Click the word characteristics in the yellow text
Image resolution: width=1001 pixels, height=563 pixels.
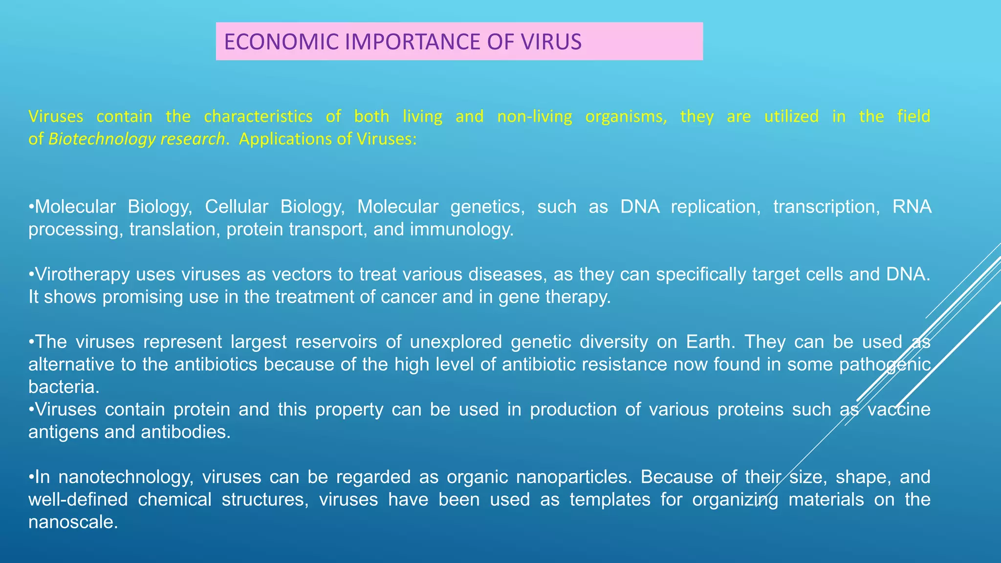[258, 116]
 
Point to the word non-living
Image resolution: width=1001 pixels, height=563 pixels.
[534, 116]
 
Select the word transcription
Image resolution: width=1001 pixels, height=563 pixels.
[827, 207]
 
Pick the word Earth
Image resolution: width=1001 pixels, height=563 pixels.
[710, 342]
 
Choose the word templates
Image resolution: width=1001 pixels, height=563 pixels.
[609, 499]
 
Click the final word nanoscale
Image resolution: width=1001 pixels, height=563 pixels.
[73, 522]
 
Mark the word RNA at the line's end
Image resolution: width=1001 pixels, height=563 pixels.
[912, 207]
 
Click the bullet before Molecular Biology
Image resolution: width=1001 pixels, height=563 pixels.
[31, 207]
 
